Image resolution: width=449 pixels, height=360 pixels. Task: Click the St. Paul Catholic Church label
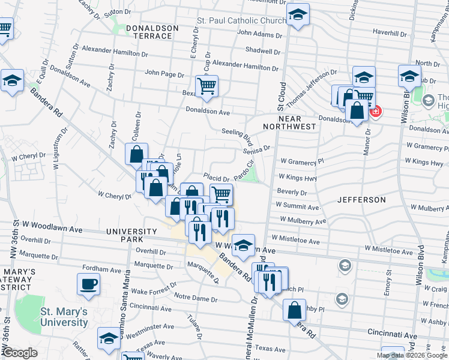point(242,21)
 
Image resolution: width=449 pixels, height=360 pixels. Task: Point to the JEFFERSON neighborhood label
point(361,199)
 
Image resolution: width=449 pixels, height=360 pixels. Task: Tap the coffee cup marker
point(89,284)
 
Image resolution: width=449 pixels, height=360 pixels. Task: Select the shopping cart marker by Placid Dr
point(221,194)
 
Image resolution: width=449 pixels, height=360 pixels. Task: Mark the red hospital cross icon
point(376,112)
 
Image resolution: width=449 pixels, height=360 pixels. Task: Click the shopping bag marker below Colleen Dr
point(136,154)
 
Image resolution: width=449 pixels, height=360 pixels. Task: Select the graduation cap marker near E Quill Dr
point(12,80)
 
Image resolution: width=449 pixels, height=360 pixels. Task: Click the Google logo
point(20,353)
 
